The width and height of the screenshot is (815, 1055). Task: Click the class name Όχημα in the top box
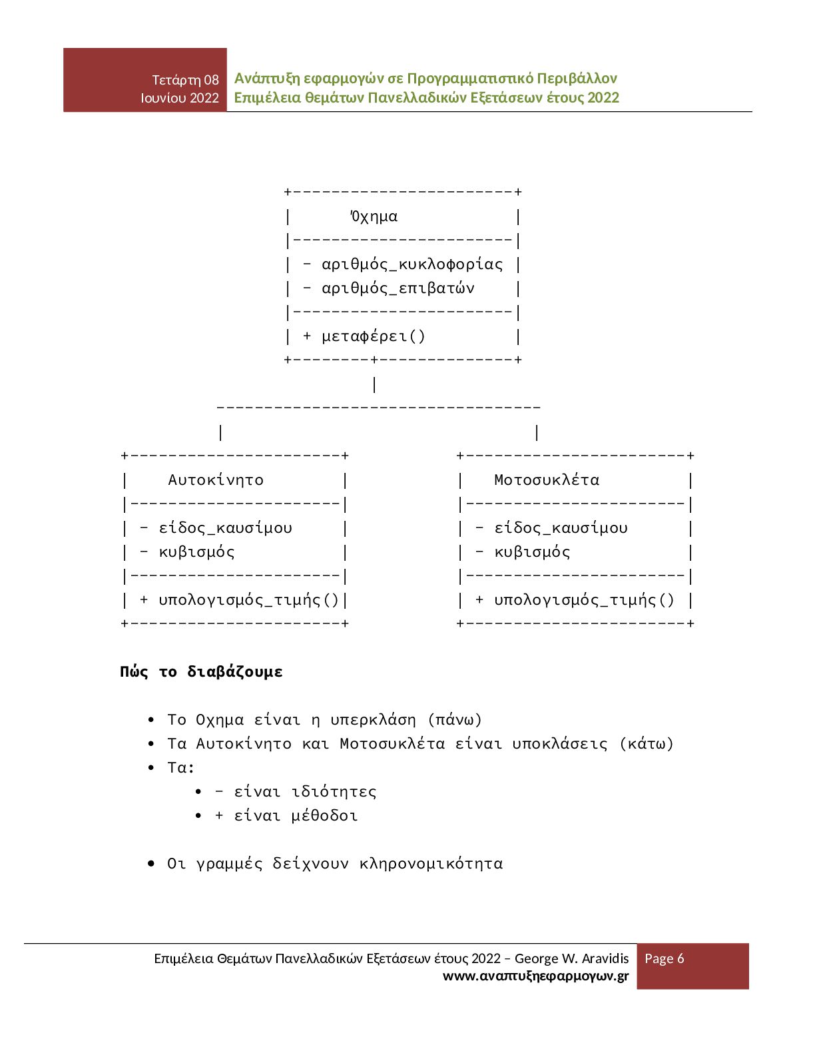[x=374, y=216]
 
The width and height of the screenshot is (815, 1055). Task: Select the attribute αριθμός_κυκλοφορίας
[x=412, y=264]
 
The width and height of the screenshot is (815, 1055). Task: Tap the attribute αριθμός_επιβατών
[x=398, y=288]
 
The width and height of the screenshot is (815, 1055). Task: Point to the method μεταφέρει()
[x=374, y=336]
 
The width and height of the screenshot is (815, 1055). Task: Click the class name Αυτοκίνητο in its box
[x=216, y=480]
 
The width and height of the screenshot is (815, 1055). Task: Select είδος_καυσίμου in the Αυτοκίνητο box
[x=225, y=528]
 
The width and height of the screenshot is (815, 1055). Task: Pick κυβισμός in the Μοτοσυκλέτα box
[x=532, y=552]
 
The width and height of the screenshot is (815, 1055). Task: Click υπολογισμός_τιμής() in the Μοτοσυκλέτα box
[x=584, y=600]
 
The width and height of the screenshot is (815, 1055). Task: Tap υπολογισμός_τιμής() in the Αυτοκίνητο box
[x=249, y=600]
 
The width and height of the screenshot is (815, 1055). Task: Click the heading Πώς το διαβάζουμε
[x=201, y=671]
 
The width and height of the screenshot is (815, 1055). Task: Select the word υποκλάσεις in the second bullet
[x=559, y=744]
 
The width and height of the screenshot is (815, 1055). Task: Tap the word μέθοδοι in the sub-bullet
[x=324, y=816]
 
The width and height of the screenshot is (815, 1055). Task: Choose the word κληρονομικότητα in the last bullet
[x=431, y=864]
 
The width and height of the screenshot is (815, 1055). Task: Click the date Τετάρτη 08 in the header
[x=185, y=80]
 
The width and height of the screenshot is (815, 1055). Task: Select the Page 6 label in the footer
[x=664, y=958]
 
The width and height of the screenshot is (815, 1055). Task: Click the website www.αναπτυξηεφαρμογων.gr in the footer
[x=535, y=976]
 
